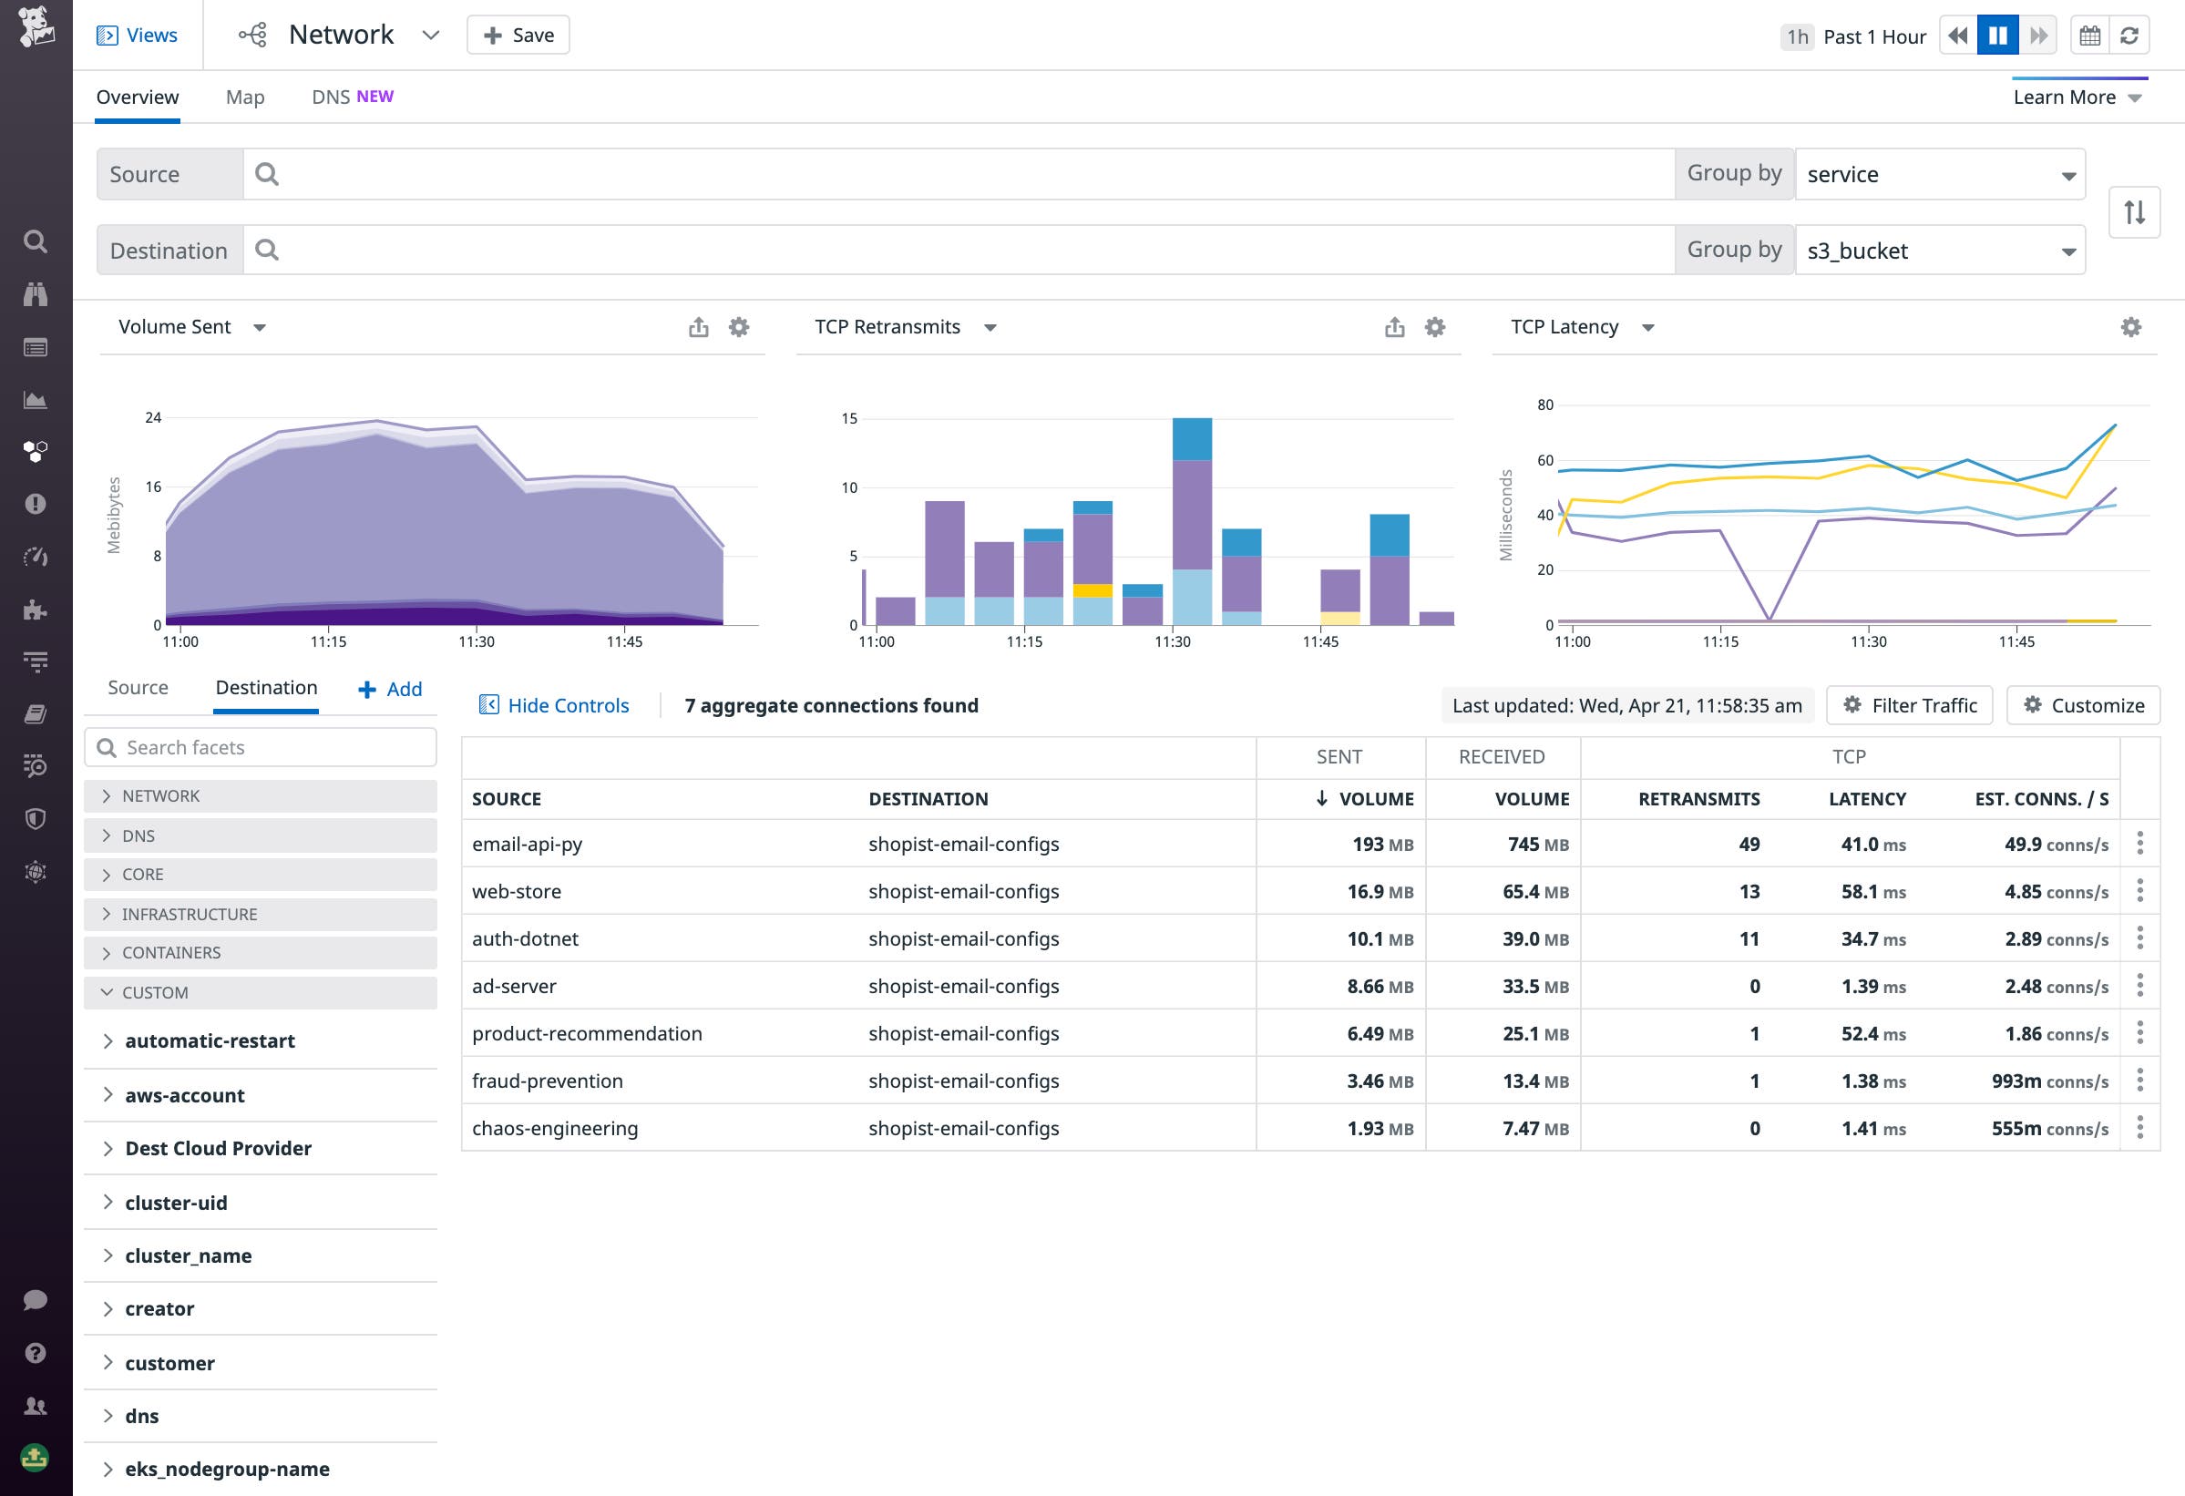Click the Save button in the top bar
[x=518, y=35]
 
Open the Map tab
[x=244, y=97]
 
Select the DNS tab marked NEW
[x=352, y=97]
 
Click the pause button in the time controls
[x=1997, y=36]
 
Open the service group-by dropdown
[x=1940, y=174]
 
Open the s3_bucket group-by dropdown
[x=1940, y=251]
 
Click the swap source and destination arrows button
[x=2133, y=212]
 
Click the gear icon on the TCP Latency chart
[x=2130, y=327]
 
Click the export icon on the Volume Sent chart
[x=698, y=327]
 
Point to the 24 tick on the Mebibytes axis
[x=153, y=417]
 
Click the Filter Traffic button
[x=1909, y=705]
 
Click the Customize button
[x=2083, y=705]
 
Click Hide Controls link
[x=555, y=705]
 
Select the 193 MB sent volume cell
[x=1381, y=845]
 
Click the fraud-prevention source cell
[x=548, y=1081]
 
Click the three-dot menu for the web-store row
[x=2139, y=890]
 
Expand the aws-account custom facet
[x=184, y=1095]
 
